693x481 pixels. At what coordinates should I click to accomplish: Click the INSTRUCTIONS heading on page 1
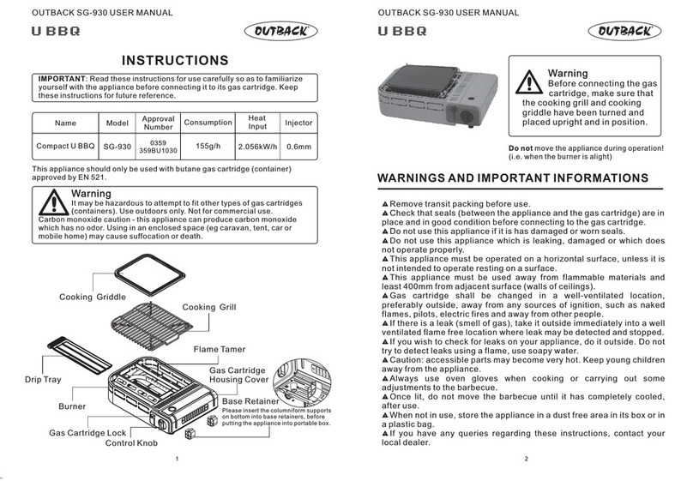tap(175, 60)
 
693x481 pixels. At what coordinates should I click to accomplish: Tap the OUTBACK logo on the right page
tap(625, 32)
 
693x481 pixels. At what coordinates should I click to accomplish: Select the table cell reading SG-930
tap(117, 147)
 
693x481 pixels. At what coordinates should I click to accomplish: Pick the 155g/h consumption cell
tap(208, 146)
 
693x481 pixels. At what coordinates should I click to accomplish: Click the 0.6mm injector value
tap(298, 147)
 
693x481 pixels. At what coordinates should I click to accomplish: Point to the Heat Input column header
tap(256, 123)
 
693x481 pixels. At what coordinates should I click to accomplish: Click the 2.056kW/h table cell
tap(256, 147)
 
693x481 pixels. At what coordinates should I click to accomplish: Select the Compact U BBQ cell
tap(65, 147)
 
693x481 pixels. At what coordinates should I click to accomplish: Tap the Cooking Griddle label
tap(93, 297)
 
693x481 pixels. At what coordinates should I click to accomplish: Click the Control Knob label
tap(131, 443)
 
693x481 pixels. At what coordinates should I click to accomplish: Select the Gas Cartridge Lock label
tap(87, 433)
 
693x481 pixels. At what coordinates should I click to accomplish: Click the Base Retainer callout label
tap(250, 401)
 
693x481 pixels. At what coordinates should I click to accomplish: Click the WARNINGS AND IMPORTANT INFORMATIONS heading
tap(513, 178)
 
